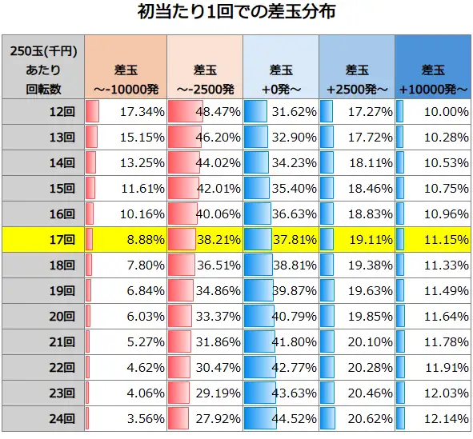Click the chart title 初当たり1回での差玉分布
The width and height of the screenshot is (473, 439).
[236, 14]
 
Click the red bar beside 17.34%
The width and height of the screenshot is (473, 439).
[92, 111]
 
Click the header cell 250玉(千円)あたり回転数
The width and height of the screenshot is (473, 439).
[43, 68]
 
